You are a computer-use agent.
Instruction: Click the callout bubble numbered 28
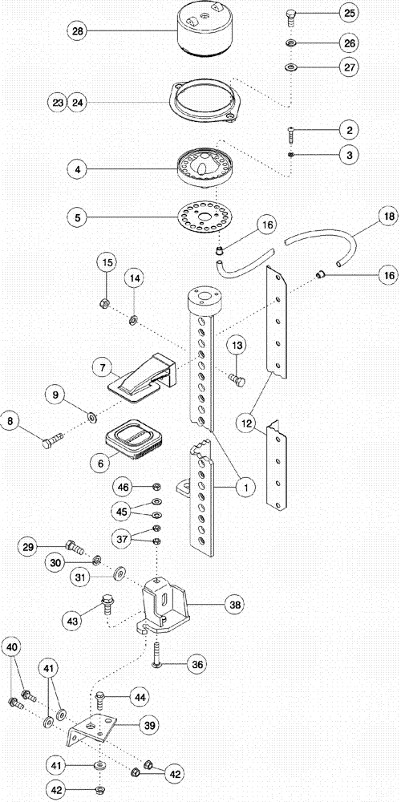click(x=78, y=31)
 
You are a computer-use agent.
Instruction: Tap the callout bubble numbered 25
click(x=350, y=14)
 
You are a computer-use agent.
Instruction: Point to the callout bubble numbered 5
click(x=78, y=217)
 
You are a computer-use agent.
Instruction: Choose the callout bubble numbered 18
click(x=387, y=217)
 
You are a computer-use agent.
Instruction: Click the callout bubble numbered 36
click(x=197, y=663)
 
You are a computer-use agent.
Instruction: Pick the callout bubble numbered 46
click(x=124, y=487)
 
